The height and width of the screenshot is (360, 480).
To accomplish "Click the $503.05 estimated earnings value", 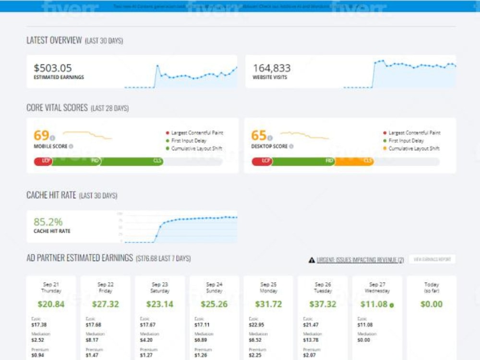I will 53,68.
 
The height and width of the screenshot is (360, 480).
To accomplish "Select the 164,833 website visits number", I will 272,68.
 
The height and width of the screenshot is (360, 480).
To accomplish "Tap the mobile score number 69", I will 42,135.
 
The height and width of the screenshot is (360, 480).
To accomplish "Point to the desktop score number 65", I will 259,135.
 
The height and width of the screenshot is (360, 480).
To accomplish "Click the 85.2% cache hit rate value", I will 48,222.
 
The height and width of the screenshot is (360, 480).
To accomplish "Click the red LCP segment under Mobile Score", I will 43,161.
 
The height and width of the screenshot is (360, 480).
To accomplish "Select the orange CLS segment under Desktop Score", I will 354,161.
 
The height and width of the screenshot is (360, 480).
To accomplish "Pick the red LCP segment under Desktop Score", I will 262,161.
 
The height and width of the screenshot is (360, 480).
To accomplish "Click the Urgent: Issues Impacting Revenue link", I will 360,260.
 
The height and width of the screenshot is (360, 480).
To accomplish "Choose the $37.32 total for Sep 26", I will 323,304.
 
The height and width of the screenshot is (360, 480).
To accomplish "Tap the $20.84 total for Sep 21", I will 51,304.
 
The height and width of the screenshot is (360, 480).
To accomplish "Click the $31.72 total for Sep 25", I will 268,304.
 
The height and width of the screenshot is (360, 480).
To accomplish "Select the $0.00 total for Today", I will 431,304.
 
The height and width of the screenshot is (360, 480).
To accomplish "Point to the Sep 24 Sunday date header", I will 214,288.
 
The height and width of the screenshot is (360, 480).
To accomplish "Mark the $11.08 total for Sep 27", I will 375,304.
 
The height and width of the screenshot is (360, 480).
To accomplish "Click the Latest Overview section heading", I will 54,40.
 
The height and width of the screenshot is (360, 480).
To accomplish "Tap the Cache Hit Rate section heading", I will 51,195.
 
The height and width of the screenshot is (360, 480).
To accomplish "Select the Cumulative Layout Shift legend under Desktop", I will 414,149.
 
